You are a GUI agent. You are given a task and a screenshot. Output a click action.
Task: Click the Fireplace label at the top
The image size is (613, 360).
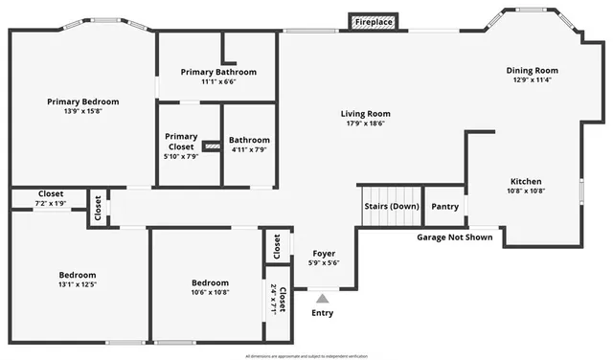coord(374,21)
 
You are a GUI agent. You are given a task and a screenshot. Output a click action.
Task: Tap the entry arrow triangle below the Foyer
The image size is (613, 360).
coord(322,299)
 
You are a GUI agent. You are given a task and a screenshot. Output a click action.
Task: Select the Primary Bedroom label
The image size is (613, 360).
coord(83,101)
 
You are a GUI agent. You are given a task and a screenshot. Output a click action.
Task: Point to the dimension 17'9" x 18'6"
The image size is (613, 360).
coord(366,124)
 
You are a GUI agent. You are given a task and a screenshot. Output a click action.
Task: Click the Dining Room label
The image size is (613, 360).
coord(533,70)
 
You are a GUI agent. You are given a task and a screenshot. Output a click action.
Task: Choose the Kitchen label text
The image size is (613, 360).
coord(526,181)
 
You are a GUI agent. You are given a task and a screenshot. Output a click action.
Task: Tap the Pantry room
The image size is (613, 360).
coord(444,206)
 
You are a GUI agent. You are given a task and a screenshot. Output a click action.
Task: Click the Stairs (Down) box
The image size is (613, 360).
coord(391,206)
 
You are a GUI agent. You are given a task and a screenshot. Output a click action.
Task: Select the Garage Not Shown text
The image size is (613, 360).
coord(455,236)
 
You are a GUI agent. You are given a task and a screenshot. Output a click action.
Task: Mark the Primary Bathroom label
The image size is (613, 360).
coord(218,72)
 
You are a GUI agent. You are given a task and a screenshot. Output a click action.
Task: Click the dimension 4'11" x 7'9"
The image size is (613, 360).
coord(249,149)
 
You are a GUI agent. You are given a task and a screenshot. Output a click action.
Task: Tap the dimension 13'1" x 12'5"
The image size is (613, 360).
coord(77,283)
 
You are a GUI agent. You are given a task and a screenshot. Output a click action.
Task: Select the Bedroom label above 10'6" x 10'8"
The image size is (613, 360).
coord(210,282)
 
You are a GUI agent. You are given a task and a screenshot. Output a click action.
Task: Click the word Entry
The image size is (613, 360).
coord(323,313)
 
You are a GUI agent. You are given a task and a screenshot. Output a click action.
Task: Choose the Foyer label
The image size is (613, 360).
coord(324,254)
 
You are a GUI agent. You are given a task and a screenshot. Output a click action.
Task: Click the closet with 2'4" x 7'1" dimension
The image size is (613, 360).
coord(277,301)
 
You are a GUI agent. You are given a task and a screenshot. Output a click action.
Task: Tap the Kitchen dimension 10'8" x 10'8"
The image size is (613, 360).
coord(526,191)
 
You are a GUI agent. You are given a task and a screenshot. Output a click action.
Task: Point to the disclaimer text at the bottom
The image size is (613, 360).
coord(306,355)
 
